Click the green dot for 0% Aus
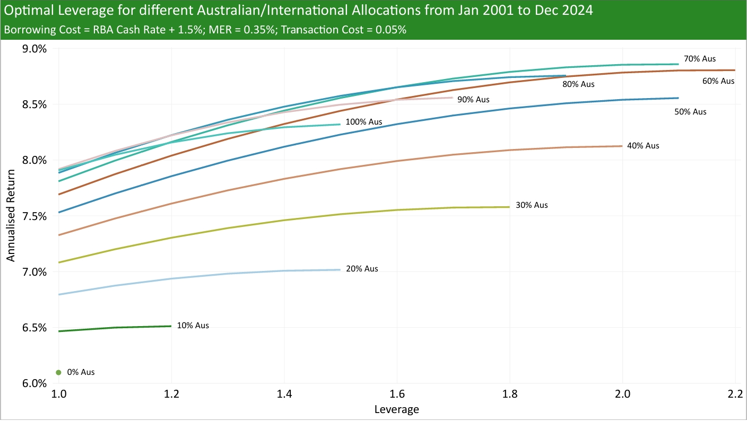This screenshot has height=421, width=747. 58,372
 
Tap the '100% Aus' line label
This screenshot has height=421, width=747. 363,121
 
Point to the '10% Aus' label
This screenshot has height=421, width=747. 193,326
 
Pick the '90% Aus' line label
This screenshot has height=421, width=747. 473,99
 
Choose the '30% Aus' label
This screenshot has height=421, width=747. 532,205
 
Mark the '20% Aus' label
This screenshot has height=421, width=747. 362,268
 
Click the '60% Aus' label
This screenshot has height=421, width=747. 718,81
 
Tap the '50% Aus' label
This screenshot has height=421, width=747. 690,112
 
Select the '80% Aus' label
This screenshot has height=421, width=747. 579,84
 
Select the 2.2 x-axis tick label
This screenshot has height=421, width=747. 735,395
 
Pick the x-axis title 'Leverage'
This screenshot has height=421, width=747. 396,409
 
